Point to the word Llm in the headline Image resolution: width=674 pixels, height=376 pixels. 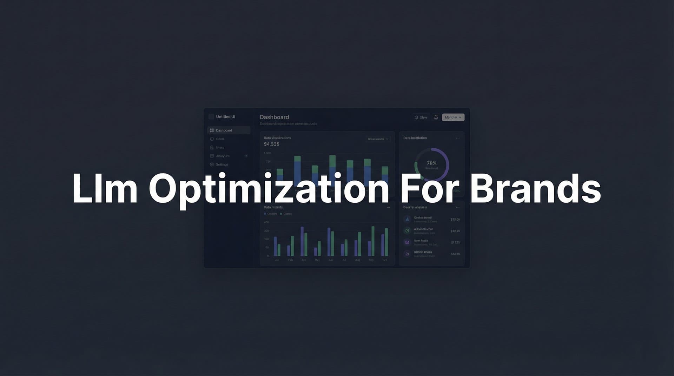[105, 188]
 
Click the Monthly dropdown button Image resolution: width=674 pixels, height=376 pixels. [453, 117]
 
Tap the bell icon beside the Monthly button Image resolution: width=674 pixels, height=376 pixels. [436, 117]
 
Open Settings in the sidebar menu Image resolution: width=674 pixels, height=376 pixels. [222, 164]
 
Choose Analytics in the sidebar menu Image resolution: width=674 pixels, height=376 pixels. [223, 156]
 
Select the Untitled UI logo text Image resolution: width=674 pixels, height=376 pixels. [225, 117]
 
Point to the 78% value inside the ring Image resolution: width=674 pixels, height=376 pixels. [431, 163]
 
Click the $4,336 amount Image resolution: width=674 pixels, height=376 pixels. [272, 144]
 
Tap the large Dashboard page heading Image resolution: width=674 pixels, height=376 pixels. [274, 117]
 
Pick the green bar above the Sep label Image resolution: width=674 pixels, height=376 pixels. [373, 241]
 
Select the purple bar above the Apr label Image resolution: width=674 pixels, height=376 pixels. [302, 241]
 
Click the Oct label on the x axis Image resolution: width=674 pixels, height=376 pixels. [384, 260]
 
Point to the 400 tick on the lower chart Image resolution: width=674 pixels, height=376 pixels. [266, 222]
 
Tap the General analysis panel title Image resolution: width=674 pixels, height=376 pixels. [415, 207]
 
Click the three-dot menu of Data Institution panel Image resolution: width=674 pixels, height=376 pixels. [458, 138]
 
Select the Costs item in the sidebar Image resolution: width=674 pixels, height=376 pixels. [220, 139]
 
